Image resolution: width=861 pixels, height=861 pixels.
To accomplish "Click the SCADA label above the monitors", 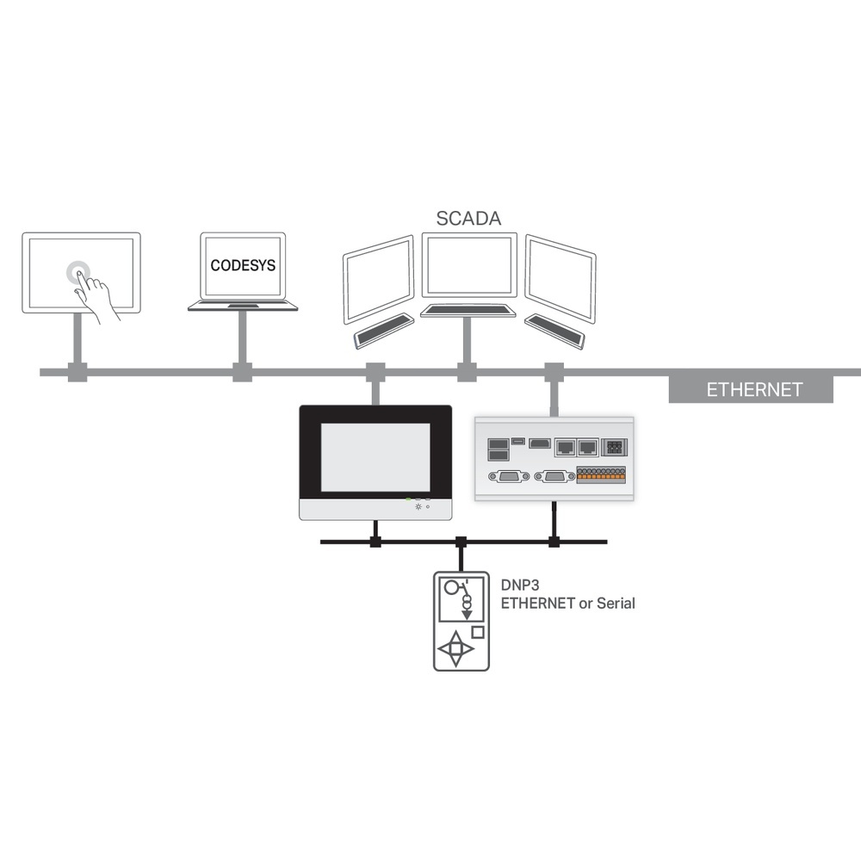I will click(x=468, y=218).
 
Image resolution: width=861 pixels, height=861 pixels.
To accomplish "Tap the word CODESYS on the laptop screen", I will click(x=243, y=265).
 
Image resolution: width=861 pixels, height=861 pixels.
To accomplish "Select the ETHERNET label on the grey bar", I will click(x=754, y=389).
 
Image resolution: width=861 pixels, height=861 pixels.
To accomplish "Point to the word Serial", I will click(x=616, y=604).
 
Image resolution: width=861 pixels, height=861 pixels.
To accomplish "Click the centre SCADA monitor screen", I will click(x=468, y=265).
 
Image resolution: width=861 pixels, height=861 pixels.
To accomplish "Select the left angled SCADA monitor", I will click(x=379, y=277).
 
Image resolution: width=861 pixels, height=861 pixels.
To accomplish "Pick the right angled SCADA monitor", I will click(x=561, y=277).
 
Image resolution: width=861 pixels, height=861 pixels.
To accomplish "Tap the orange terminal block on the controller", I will click(x=600, y=474).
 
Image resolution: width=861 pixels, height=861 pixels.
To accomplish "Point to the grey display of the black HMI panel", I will click(x=375, y=457).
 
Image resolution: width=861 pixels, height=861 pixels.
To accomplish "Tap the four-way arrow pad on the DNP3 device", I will click(x=457, y=649).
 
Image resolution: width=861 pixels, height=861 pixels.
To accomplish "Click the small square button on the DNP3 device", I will click(x=478, y=631).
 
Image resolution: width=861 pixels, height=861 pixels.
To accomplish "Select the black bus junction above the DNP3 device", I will click(x=461, y=542).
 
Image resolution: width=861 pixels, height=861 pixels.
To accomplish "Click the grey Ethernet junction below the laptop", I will click(x=243, y=372).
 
